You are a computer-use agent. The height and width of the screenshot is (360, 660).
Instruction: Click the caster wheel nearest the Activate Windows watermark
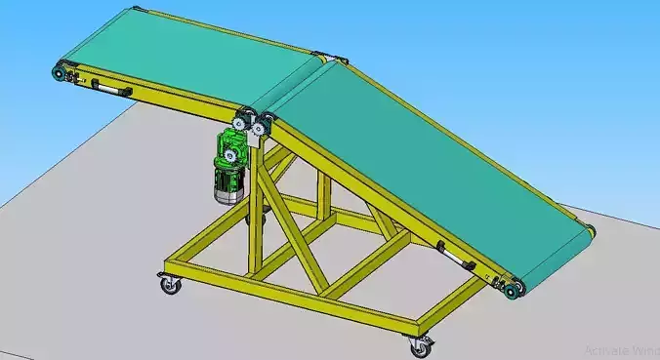[x=421, y=344]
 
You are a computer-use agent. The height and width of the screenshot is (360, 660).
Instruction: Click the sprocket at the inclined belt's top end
[x=259, y=126]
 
